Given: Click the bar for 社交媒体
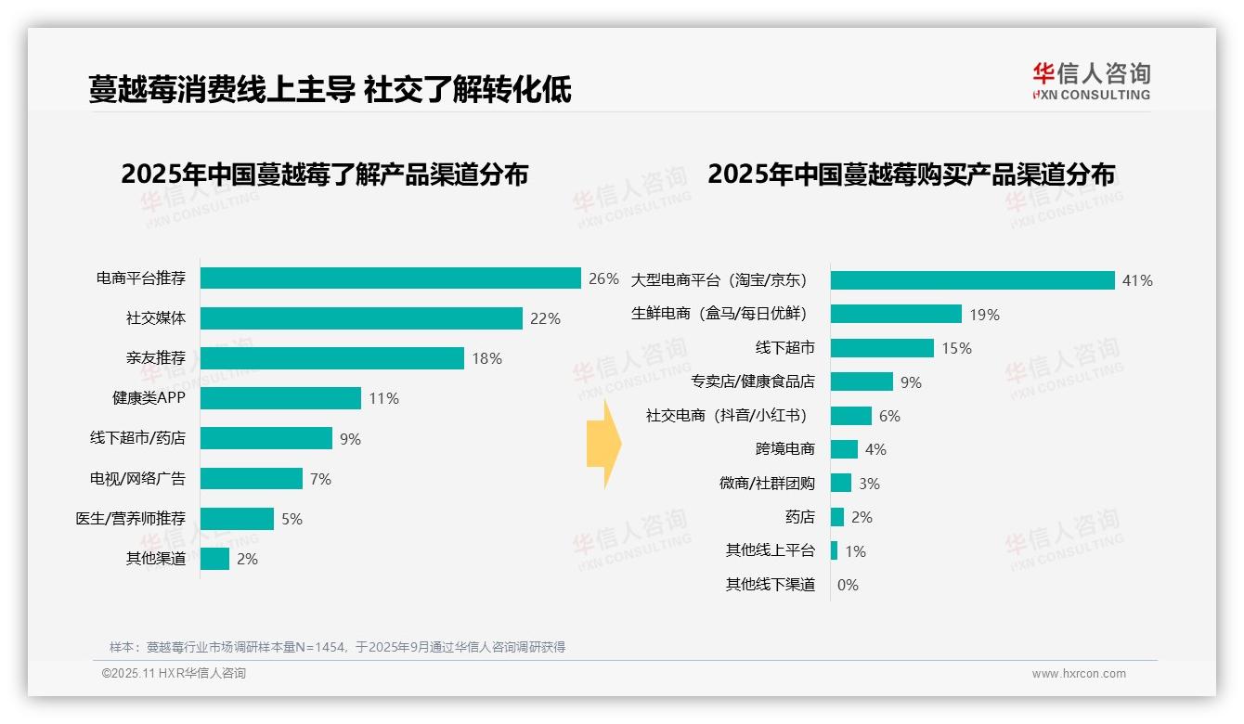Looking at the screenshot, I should coord(361,318).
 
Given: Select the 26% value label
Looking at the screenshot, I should coord(603,278).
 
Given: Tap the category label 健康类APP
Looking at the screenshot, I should coord(149,398).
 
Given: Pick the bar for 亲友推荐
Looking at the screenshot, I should coord(331,358).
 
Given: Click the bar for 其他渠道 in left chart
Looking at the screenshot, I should coord(214,559).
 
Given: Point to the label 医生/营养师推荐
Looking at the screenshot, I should coord(130,519).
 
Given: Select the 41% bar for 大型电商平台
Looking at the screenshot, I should coord(972,280).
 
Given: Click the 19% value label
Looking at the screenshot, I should coord(984,315).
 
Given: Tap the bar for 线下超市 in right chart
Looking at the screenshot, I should coord(882,348).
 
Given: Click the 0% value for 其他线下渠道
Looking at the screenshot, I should coord(848,585).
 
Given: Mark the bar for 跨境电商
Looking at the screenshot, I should coord(844,449).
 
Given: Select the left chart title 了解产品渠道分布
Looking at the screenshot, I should coord(324,175).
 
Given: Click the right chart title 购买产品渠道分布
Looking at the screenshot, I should coord(911,175).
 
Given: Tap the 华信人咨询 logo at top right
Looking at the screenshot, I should coord(1091,81).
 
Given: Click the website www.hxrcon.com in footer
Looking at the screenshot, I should coord(1079,674).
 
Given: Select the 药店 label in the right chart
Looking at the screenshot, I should coord(799,517).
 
